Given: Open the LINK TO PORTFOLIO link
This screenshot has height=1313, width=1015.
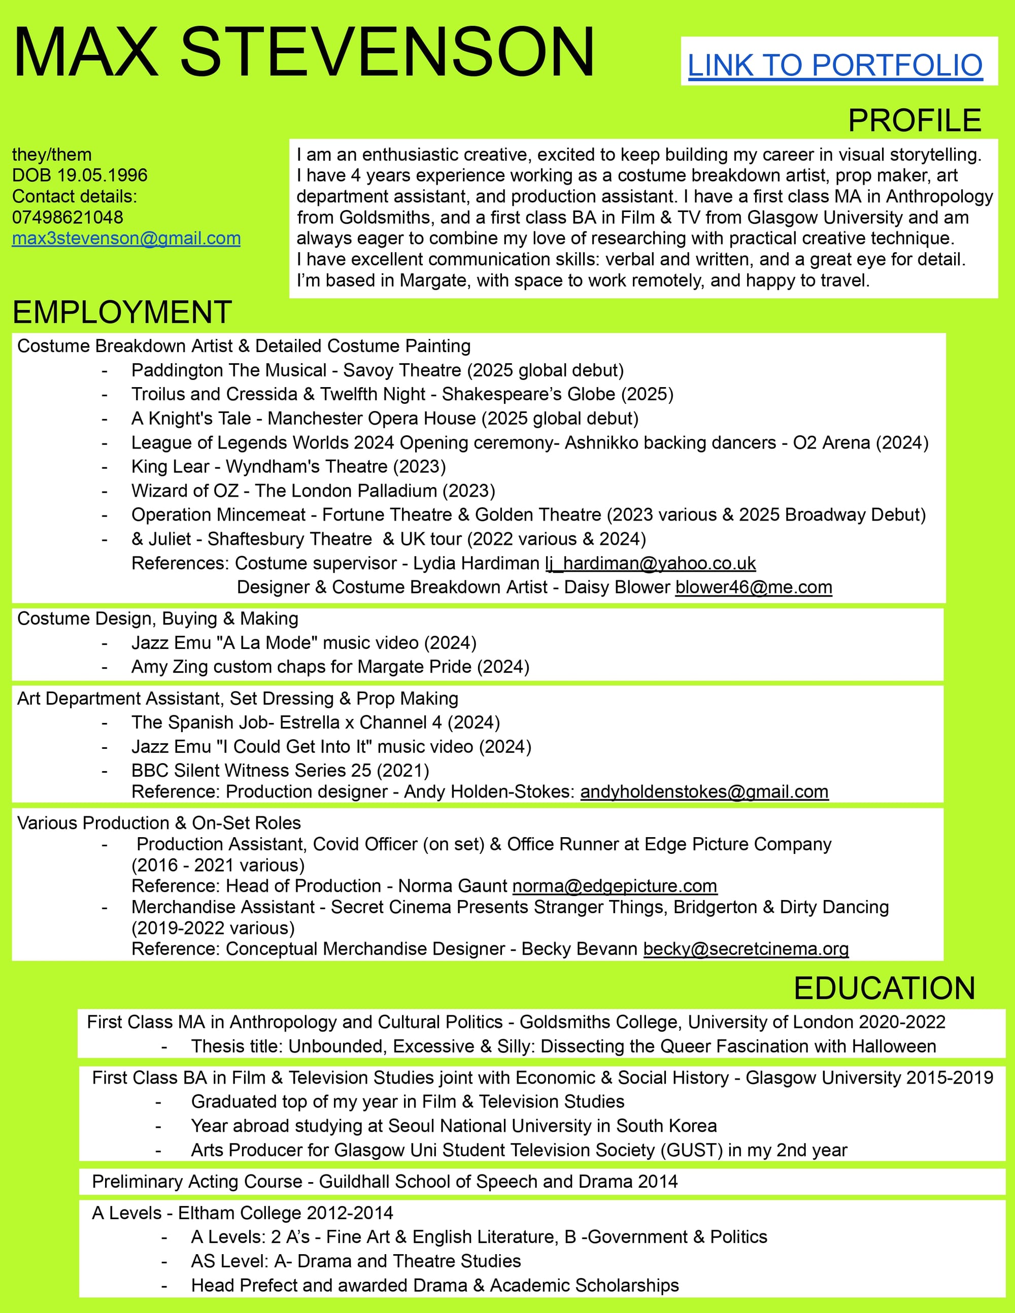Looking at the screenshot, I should coord(835,65).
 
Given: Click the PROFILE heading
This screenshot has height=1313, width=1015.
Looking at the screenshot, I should coord(914,121).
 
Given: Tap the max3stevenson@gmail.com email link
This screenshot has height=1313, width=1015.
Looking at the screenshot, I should coord(126,238).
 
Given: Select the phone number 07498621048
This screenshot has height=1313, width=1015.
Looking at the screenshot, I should coord(67,217).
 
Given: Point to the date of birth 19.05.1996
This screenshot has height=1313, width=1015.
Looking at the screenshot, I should coord(102,175).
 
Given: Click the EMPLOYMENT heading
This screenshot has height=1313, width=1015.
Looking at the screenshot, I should coord(122,312).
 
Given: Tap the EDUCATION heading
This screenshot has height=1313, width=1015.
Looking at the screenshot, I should coord(884,988).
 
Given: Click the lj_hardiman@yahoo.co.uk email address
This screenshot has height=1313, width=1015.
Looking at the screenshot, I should coord(650,563).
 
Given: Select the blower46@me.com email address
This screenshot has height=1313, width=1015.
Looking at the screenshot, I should coord(754,587).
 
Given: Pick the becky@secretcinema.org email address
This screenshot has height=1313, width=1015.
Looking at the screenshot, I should coord(746,948).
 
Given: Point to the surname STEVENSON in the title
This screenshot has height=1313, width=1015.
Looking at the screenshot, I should coord(387,53).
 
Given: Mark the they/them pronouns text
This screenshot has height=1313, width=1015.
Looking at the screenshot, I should coord(52,155).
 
